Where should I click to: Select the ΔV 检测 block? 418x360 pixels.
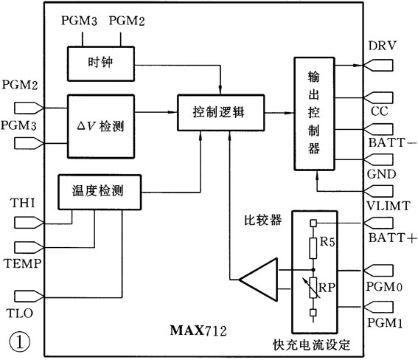pos(102,126)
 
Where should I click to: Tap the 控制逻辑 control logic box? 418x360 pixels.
pos(218,114)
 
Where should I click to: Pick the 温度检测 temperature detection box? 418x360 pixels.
pos(99,191)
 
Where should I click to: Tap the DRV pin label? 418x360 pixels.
pos(382,46)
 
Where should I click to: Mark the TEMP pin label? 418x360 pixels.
pos(22,263)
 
